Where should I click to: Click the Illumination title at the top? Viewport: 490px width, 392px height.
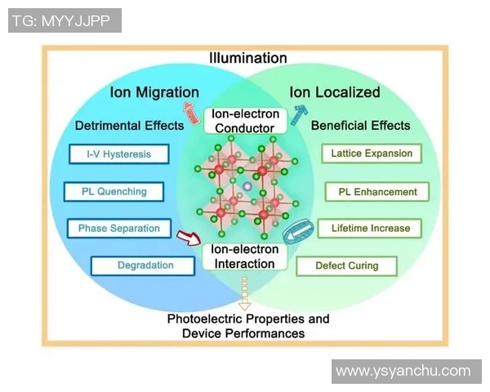click(x=248, y=58)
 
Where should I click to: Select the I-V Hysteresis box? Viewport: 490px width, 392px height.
click(x=117, y=154)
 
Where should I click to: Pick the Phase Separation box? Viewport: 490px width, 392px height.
click(x=118, y=229)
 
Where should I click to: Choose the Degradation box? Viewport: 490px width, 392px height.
click(x=145, y=265)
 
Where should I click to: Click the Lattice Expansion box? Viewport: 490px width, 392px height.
click(x=372, y=154)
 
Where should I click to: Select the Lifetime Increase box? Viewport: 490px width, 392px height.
click(x=370, y=228)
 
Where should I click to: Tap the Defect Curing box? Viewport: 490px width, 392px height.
click(x=347, y=265)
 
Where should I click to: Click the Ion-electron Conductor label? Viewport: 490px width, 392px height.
click(x=245, y=122)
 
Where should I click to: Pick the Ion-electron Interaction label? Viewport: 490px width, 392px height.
click(x=243, y=257)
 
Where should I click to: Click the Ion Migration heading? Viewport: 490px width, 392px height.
click(x=154, y=92)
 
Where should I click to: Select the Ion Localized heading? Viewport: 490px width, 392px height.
click(x=336, y=92)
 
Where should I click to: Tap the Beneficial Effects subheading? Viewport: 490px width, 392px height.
click(x=361, y=126)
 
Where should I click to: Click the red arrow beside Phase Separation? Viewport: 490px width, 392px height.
click(x=187, y=238)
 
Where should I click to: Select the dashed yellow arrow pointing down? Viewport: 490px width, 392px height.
click(x=243, y=290)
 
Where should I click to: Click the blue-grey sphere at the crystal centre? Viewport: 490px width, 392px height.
click(x=246, y=187)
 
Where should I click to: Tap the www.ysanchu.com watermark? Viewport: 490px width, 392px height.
click(x=403, y=371)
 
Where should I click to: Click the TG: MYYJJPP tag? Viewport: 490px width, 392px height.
click(x=65, y=20)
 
